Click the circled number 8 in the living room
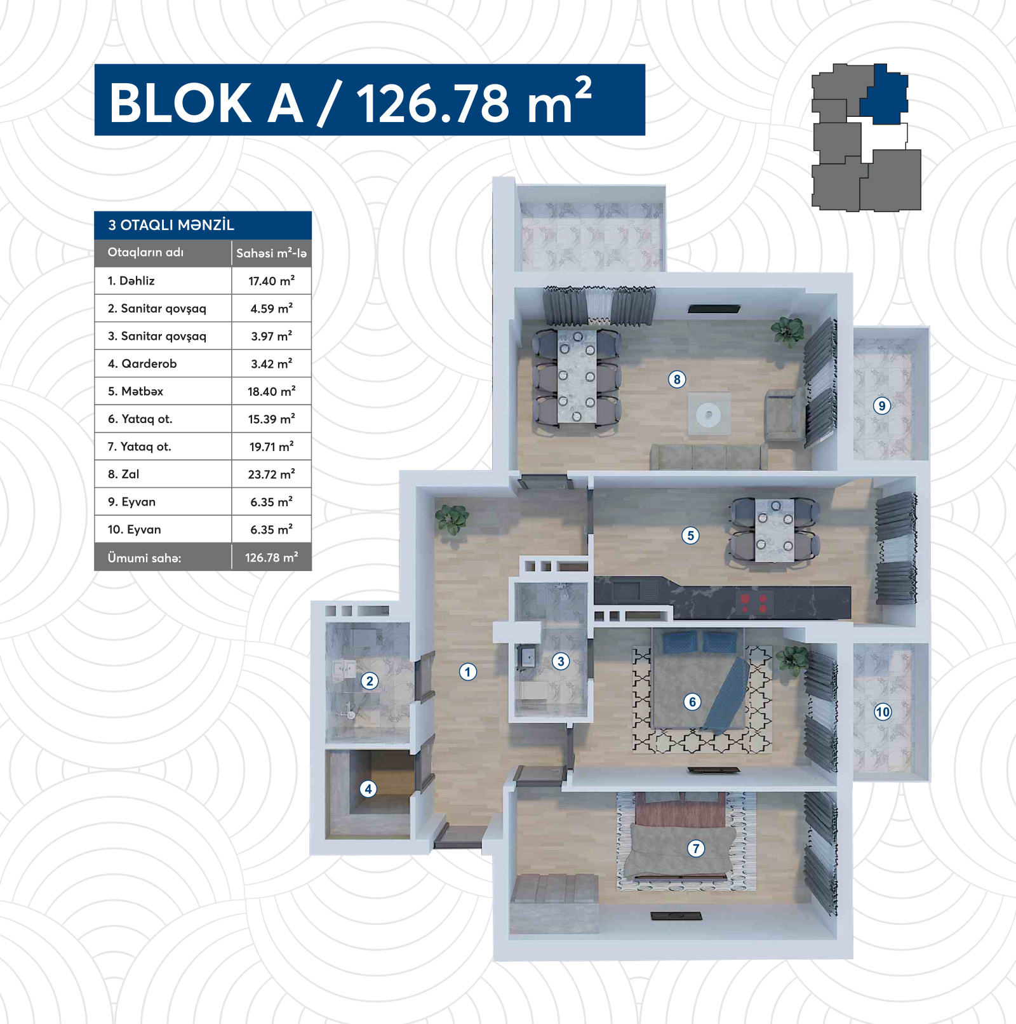[x=677, y=379]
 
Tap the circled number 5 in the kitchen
[x=690, y=536]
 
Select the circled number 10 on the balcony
[x=883, y=712]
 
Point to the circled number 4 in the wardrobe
[x=368, y=789]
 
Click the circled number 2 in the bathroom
[x=370, y=681]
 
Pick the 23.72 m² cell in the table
[x=271, y=474]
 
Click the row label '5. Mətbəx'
[x=135, y=391]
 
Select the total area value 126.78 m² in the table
[x=271, y=557]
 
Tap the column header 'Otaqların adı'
[x=145, y=252]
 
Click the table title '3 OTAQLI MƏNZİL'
[x=171, y=225]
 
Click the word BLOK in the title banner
[x=181, y=103]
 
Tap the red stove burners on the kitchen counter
[x=754, y=603]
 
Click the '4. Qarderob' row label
[x=142, y=363]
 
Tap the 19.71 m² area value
[x=271, y=447]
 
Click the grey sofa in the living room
[x=709, y=457]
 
